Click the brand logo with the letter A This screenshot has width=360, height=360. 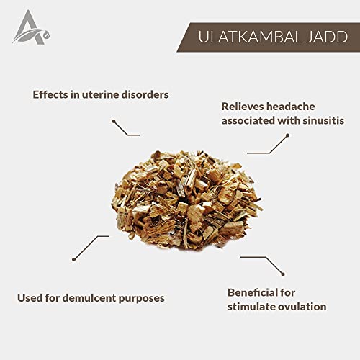point(31,27)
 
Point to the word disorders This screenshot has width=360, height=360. point(145,94)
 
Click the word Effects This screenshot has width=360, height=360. point(50,94)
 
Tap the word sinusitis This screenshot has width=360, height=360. point(323,120)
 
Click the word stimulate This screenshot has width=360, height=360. point(253,307)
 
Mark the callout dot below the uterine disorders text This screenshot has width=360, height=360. point(114,121)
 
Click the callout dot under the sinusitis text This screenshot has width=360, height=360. point(287,135)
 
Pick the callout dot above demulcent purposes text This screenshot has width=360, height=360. point(74,259)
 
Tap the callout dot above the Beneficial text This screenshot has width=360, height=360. point(283,274)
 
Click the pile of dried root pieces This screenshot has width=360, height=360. point(186,200)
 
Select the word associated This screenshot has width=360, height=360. point(248,120)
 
